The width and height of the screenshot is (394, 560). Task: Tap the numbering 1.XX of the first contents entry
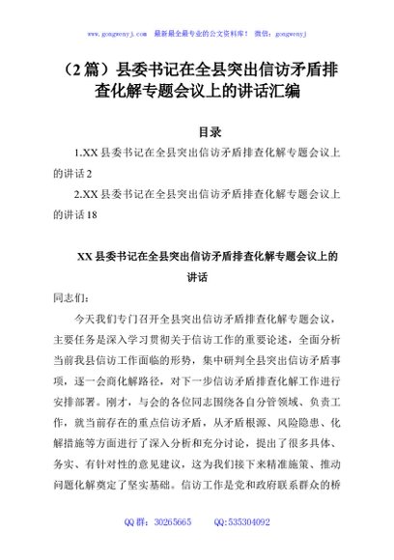pyautogui.click(x=85, y=154)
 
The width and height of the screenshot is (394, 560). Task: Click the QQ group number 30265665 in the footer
pyautogui.click(x=184, y=547)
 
